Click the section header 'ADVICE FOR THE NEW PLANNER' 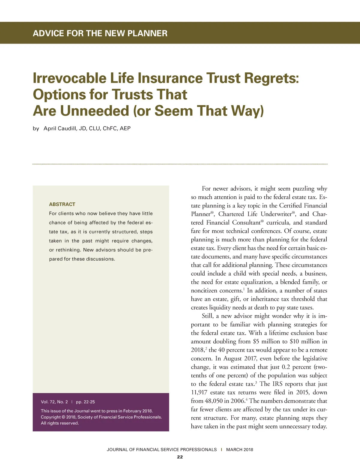pos(100,33)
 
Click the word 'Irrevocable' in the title pos(69,78)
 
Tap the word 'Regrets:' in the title pos(271,78)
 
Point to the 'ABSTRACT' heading pos(62,204)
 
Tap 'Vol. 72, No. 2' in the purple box pos(54,402)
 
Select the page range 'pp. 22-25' pos(85,402)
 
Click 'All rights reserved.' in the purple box pos(60,423)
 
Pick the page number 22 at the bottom pos(180,457)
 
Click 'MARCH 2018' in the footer pos(239,449)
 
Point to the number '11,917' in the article pos(199,392)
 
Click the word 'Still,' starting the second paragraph pos(207,316)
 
